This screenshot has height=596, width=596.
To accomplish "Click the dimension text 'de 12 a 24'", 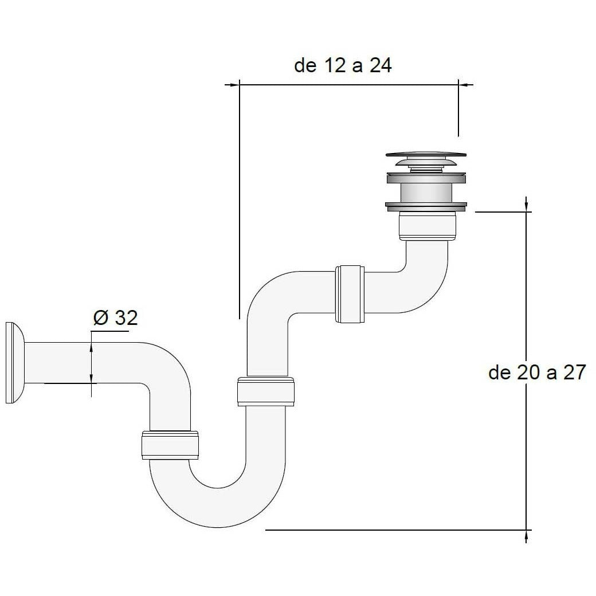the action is coord(343,65).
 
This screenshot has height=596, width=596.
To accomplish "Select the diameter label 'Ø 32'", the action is coord(116,317).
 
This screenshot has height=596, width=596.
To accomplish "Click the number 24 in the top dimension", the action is coord(381,65).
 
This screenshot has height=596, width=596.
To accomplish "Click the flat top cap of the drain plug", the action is coord(426,154).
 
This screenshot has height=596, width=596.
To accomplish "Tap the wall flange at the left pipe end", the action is coord(15,363).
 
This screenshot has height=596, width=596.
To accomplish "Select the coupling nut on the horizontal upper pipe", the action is coord(350,294).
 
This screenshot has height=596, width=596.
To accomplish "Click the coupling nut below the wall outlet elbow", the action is coord(170,445).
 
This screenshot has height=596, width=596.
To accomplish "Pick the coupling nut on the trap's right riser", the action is coord(266,391).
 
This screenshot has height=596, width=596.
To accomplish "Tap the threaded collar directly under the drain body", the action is coord(428,226).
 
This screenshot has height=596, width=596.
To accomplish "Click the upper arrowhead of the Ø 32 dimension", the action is coord(91,347).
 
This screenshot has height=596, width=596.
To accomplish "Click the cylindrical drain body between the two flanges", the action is coord(426,193).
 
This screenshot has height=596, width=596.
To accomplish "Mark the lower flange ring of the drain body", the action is coord(426,207).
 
